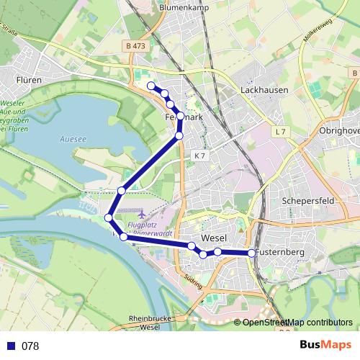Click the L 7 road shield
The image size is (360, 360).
pos(280,132)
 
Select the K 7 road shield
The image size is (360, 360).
pos(199,156)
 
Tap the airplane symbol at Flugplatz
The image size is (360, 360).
pos(140,215)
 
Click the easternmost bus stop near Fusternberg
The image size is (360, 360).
pos(251,253)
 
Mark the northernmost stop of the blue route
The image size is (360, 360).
pos(151,86)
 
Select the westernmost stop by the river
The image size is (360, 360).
pos(109,217)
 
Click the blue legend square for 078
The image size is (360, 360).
pos(10,346)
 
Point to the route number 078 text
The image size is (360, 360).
pos(30,346)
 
